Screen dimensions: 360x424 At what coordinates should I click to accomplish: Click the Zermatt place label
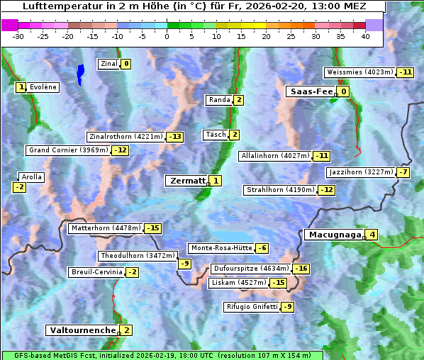(186, 181)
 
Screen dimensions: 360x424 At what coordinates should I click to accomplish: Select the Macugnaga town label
(333, 235)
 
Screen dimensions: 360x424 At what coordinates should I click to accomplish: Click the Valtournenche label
(81, 330)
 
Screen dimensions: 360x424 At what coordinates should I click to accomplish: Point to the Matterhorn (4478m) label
(105, 228)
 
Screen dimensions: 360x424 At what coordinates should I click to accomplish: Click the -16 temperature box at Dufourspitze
(301, 269)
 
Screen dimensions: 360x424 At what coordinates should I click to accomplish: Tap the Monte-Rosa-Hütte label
(220, 248)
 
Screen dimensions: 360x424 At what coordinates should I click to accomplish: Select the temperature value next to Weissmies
(406, 72)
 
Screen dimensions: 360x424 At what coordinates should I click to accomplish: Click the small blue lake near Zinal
(81, 72)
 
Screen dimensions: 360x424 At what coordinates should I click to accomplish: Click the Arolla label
(32, 177)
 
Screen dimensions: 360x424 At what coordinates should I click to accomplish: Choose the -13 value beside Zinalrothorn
(174, 137)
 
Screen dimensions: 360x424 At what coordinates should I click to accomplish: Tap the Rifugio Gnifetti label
(252, 307)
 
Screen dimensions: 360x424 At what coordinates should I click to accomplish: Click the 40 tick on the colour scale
(365, 36)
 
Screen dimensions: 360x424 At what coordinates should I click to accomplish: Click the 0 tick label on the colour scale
(167, 36)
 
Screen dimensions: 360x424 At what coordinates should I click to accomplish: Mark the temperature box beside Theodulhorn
(184, 264)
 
